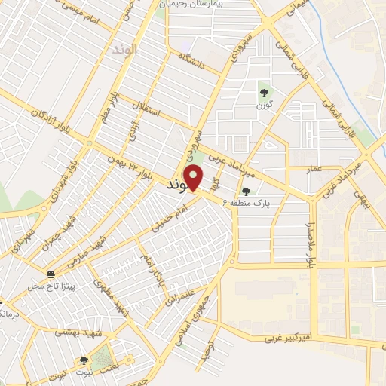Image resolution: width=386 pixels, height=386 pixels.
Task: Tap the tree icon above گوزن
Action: tap(264, 93)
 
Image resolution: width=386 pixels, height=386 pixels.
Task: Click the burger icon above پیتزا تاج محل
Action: tap(51, 274)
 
